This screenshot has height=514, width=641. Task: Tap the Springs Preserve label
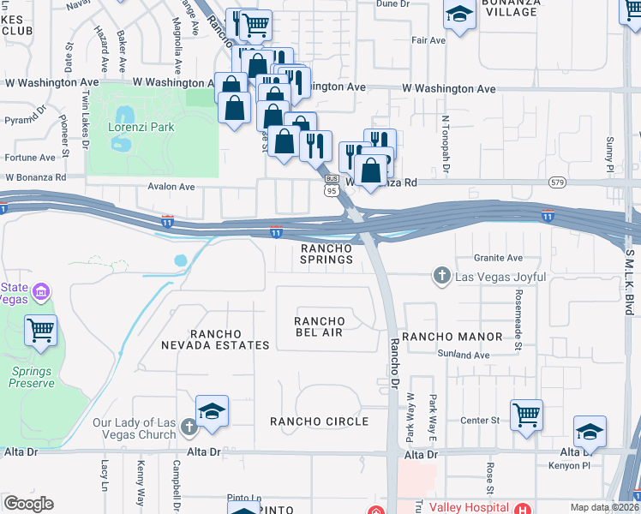click(x=33, y=377)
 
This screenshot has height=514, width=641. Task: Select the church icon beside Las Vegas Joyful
click(x=441, y=275)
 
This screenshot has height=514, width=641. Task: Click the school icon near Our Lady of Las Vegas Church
click(x=212, y=412)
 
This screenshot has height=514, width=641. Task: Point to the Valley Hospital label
click(x=468, y=507)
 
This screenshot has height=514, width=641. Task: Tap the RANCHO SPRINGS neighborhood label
click(x=326, y=254)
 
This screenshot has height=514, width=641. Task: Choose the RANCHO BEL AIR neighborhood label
click(x=319, y=326)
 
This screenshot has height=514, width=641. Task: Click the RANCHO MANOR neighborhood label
click(x=446, y=337)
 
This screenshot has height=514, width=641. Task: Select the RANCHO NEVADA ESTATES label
click(x=217, y=339)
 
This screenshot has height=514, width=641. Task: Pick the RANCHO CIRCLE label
click(x=319, y=421)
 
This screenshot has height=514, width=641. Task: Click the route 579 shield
click(x=558, y=182)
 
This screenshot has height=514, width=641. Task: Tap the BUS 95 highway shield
click(x=331, y=186)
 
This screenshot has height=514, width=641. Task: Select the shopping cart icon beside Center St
click(x=526, y=415)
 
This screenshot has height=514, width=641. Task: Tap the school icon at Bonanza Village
click(x=459, y=15)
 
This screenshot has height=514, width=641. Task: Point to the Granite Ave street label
click(x=499, y=258)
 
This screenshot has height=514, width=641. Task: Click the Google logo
click(x=29, y=504)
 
